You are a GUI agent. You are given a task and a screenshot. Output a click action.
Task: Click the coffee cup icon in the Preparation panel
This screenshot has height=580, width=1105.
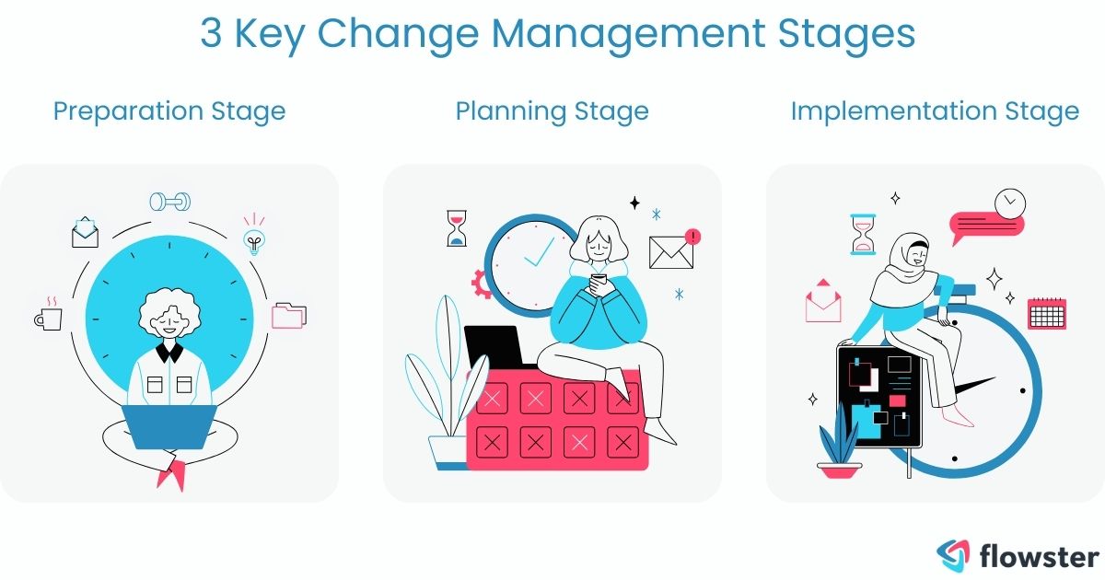(x=48, y=317)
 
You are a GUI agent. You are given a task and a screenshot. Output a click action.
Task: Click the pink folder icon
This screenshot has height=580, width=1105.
(x=288, y=315)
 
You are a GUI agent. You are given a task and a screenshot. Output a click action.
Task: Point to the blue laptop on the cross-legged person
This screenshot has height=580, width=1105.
(x=170, y=426)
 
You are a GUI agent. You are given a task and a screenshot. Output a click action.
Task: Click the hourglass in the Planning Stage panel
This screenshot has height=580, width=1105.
(x=457, y=227)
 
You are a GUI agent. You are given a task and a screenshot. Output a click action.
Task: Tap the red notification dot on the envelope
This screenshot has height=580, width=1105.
(x=693, y=237)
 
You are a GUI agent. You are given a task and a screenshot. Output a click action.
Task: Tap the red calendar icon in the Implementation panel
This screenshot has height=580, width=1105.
(x=1046, y=313)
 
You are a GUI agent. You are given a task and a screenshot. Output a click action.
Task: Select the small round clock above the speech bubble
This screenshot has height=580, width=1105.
(x=1010, y=202)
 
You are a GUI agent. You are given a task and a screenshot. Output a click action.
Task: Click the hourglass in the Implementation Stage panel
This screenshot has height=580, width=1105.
(x=863, y=234)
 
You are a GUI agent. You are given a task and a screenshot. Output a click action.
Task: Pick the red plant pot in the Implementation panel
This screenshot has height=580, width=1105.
(x=839, y=470)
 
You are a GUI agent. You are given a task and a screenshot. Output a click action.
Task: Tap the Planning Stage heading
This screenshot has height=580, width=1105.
(x=552, y=111)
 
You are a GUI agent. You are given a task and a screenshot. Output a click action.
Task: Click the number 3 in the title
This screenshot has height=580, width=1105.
(x=212, y=34)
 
